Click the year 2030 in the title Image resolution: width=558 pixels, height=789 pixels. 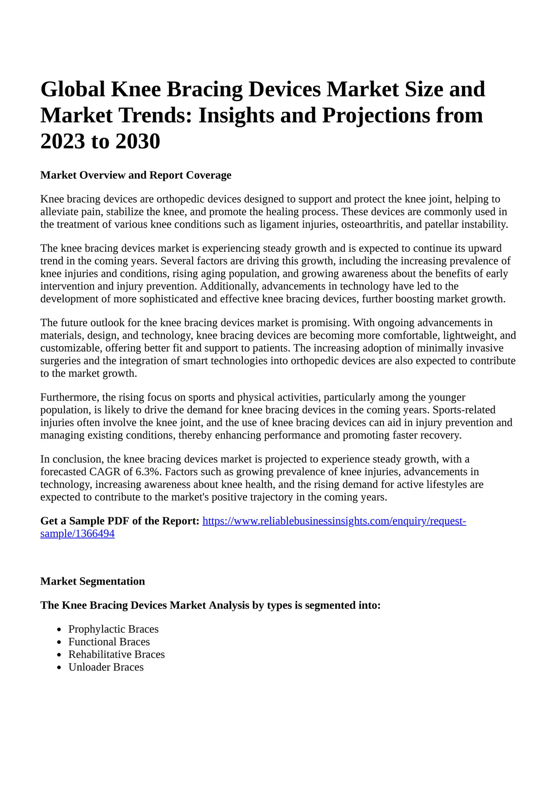pyautogui.click(x=138, y=141)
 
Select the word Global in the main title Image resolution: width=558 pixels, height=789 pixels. pyautogui.click(x=73, y=89)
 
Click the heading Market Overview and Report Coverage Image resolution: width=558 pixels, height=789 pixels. pyautogui.click(x=136, y=175)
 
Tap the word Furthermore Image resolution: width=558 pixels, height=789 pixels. pyautogui.click(x=68, y=397)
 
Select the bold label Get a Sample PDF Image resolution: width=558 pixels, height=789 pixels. pyautogui.click(x=119, y=521)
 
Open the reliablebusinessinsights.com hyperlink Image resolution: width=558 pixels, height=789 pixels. pyautogui.click(x=334, y=521)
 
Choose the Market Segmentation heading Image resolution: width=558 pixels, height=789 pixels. pyautogui.click(x=93, y=581)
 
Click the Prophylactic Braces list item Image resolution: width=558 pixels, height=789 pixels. pyautogui.click(x=113, y=629)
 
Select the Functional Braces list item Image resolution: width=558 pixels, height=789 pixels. pyautogui.click(x=109, y=642)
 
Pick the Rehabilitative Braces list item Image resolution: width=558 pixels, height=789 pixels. pyautogui.click(x=117, y=654)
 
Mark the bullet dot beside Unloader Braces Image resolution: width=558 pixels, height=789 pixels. pyautogui.click(x=59, y=668)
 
